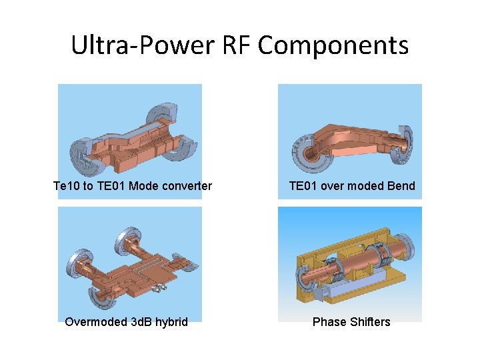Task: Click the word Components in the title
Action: coord(333,45)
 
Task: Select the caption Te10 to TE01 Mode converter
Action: coord(133,186)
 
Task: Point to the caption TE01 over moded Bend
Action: coord(351,186)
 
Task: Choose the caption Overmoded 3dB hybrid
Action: coord(126,322)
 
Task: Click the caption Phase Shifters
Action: coord(351,322)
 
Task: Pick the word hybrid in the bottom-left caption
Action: coord(171,322)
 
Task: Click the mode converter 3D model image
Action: coord(130,130)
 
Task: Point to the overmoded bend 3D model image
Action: coord(349,130)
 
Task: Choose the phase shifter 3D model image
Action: coord(349,263)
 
